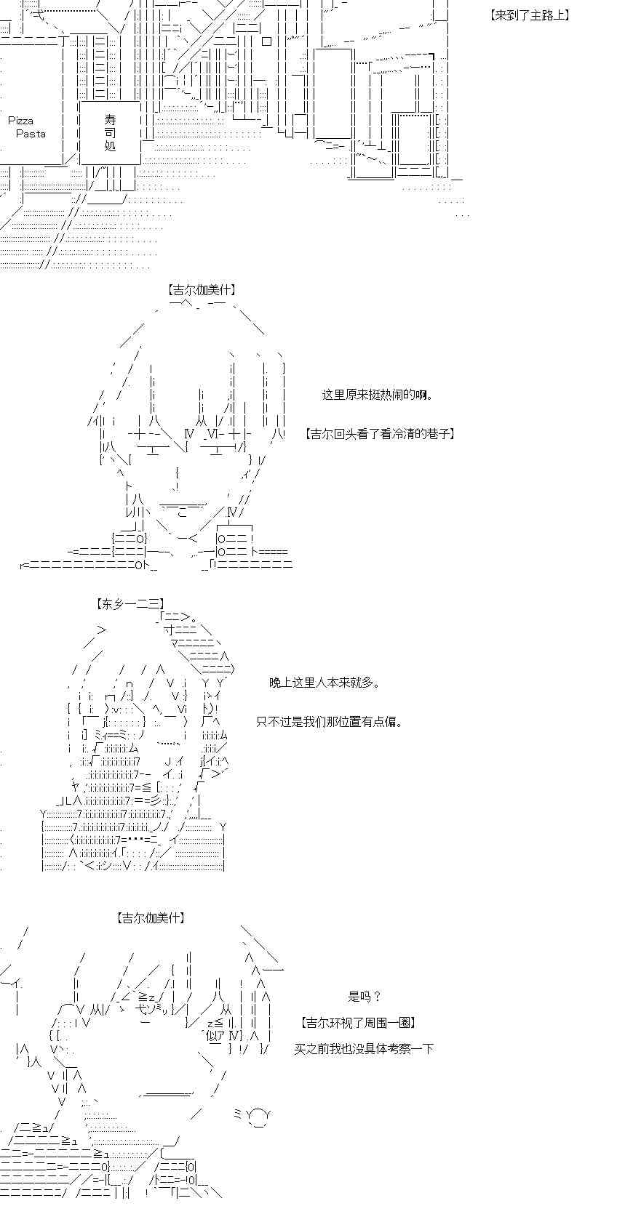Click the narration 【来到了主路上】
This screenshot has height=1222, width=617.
[529, 15]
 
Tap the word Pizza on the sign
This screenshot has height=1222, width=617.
[21, 121]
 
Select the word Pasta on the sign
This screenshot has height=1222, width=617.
[31, 134]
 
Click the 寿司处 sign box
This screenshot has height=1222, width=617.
[111, 132]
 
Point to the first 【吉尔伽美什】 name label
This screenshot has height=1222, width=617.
[202, 289]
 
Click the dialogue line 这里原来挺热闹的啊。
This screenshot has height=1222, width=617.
[378, 395]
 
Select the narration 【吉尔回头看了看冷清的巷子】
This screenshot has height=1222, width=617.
[380, 434]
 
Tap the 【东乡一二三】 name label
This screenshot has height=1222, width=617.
[130, 603]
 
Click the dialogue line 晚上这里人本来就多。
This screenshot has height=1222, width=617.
[325, 682]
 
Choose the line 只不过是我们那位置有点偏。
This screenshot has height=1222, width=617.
[330, 722]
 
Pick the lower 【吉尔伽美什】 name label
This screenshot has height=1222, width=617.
[150, 918]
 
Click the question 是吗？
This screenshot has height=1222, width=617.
[365, 997]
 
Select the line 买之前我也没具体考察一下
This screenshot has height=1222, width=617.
[364, 1048]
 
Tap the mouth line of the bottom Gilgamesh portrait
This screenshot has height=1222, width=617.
[167, 1093]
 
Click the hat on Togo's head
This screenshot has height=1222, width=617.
[196, 644]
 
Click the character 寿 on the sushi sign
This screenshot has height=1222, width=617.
[111, 119]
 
